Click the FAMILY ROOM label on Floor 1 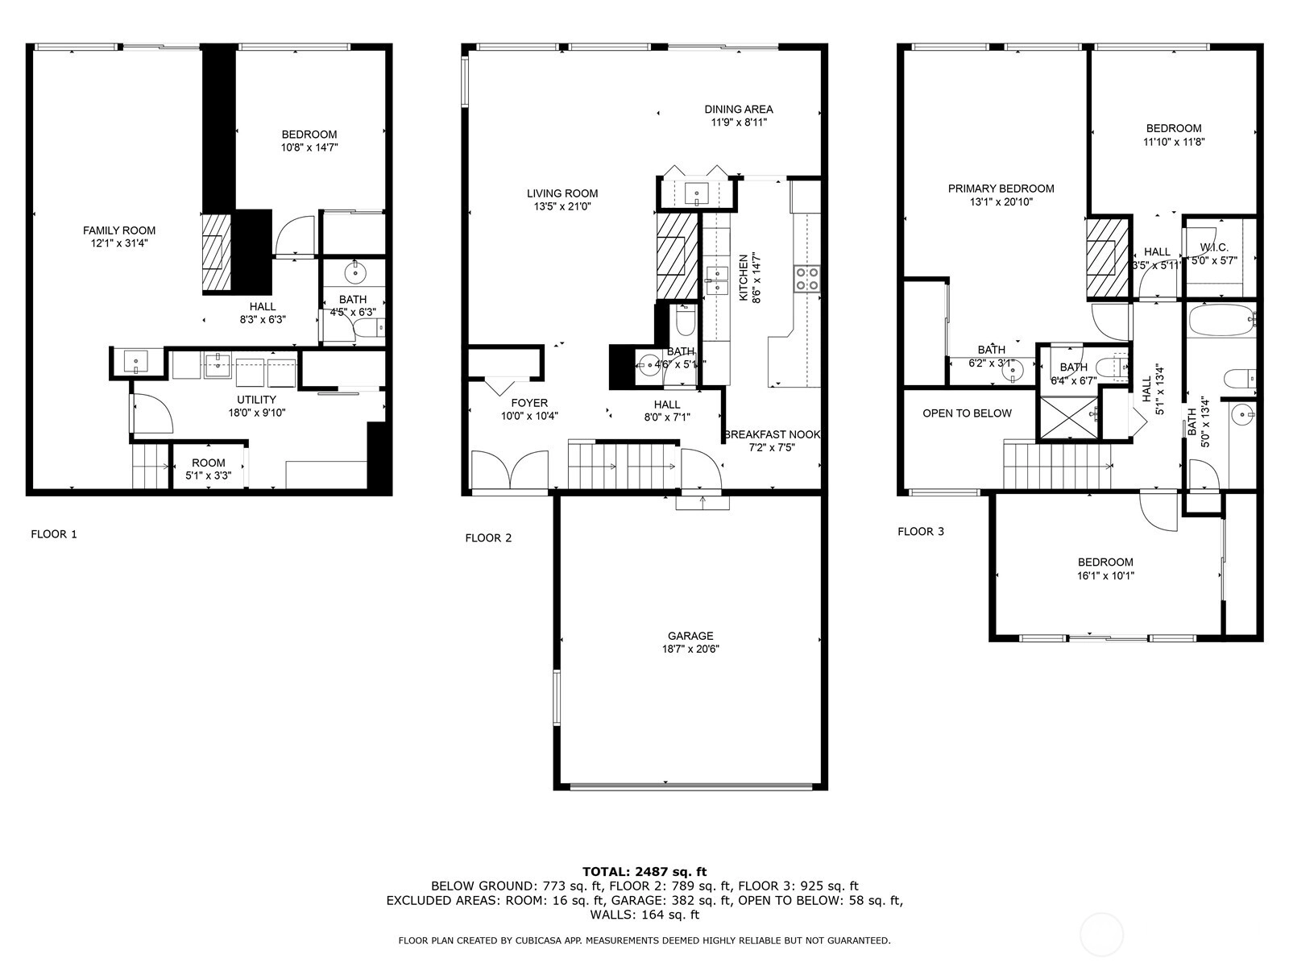click(x=119, y=230)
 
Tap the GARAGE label click(x=690, y=636)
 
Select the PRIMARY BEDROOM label click(x=1001, y=189)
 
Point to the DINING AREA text click(x=739, y=110)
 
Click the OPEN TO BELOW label click(x=968, y=413)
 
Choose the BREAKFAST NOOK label click(x=773, y=434)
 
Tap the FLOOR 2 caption click(x=488, y=537)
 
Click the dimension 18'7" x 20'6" click(x=690, y=650)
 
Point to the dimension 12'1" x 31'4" click(x=119, y=243)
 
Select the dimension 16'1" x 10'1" click(x=1106, y=576)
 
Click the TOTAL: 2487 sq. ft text click(x=644, y=872)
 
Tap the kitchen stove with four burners click(x=807, y=279)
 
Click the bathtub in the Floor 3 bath click(x=1221, y=320)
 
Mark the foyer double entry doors click(x=510, y=469)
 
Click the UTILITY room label click(x=257, y=400)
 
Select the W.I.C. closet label click(x=1214, y=247)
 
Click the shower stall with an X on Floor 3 click(x=1069, y=417)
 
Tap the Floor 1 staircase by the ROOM click(x=150, y=467)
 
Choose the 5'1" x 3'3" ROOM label click(x=209, y=463)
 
